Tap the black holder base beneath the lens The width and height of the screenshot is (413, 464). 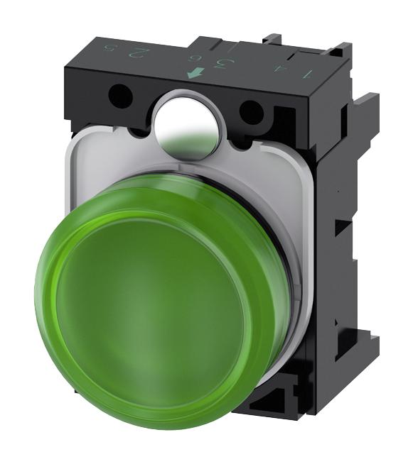pos(284,411)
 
